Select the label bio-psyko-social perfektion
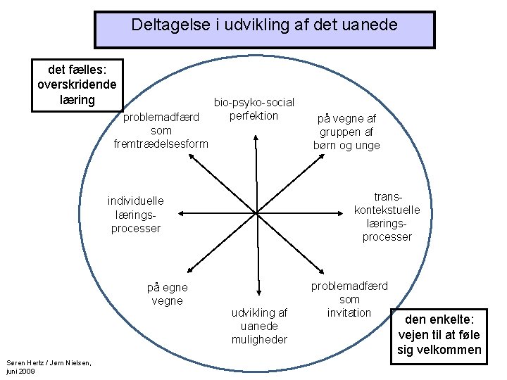point(254,109)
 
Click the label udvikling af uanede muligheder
point(259,326)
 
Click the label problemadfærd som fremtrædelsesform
point(161,130)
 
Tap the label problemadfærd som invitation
point(349,299)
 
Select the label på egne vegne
point(167,294)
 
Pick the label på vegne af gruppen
point(346,132)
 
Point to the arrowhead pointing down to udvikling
point(256,295)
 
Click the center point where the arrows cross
point(256,213)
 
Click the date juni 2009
point(20,371)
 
